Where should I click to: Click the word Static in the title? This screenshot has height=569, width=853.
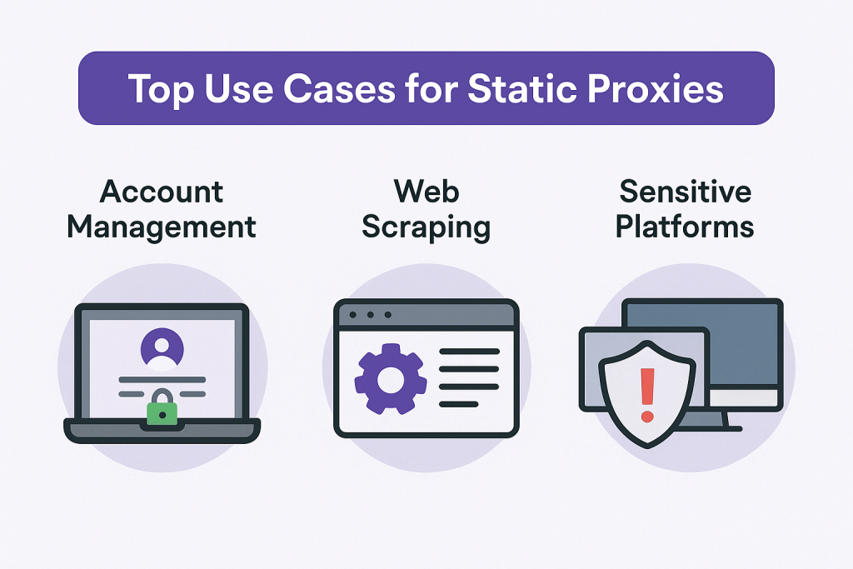[505, 88]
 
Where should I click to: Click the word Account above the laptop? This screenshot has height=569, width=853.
[162, 192]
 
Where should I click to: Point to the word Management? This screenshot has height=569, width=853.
[162, 226]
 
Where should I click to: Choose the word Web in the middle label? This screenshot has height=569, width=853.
[426, 192]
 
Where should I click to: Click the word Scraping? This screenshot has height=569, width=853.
[426, 226]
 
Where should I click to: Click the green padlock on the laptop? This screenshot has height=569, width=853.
[162, 411]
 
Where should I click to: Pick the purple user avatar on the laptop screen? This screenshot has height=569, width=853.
[162, 348]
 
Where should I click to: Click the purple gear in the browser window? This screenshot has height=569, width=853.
[390, 381]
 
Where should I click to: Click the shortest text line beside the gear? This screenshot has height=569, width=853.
[459, 404]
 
